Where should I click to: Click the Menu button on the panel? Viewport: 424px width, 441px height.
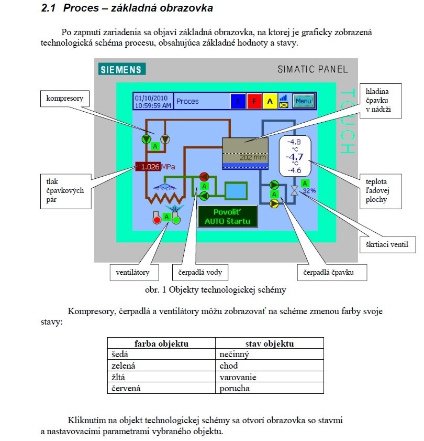coord(303,101)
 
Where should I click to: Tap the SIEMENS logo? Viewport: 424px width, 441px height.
coord(122,69)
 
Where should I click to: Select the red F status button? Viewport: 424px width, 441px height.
coord(254,101)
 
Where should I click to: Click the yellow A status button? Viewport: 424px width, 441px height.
coord(270,101)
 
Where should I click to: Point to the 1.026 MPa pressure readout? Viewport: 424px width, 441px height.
coord(155,167)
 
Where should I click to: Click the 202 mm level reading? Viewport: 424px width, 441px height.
coord(253,157)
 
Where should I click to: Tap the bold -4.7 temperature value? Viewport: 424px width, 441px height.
coord(295,157)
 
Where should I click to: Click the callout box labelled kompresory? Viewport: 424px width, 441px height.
coord(65,99)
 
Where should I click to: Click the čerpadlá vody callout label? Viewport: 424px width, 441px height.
coord(200,272)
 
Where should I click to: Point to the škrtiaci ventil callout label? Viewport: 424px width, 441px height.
coord(387,245)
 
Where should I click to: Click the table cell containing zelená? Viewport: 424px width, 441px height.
coord(161,365)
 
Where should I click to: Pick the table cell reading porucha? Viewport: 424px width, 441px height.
coord(270,388)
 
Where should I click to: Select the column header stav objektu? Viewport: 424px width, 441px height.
coord(270,343)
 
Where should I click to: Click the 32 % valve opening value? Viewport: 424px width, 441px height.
coord(309,191)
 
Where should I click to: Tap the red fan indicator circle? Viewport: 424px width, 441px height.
coord(157,220)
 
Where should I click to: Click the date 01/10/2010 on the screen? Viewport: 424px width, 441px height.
coord(151,98)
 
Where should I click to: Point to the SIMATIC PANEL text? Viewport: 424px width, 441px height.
coord(313,69)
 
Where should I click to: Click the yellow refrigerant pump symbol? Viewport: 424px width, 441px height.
coord(274,203)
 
